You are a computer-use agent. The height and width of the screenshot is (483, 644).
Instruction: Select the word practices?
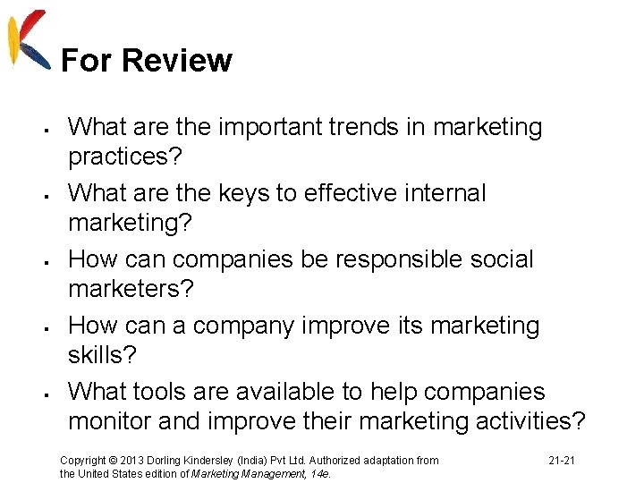point(125,157)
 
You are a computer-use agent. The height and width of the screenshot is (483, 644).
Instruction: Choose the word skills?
point(103,355)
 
